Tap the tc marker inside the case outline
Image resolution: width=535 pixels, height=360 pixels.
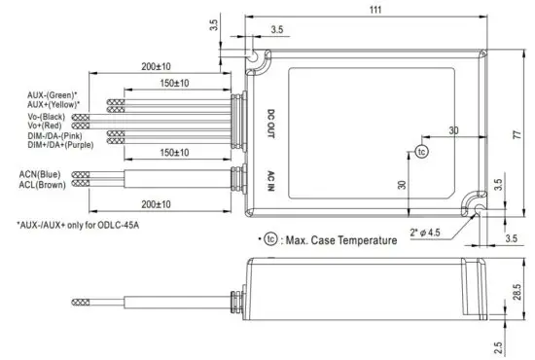(421, 153)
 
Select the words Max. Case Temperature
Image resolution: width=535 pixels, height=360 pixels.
(340, 240)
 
